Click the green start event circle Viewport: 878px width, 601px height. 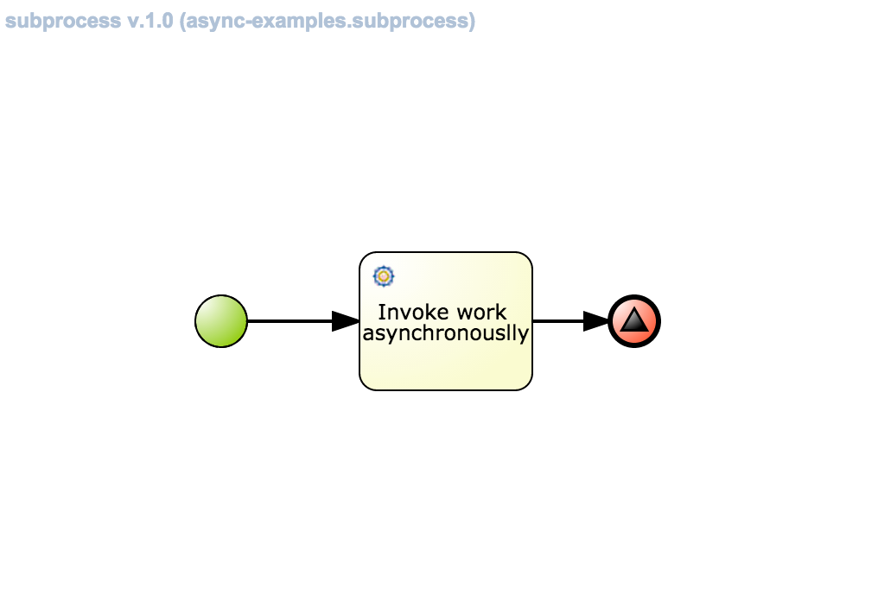221,321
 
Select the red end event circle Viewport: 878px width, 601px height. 634,321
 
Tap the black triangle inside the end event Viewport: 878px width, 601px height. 634,320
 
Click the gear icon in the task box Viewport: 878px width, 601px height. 384,276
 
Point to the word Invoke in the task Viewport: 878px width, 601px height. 404,312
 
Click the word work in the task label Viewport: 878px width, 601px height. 485,312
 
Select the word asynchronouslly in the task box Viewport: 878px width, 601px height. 445,333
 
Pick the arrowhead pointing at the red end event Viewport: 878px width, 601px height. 595,321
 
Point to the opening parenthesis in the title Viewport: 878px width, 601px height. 183,21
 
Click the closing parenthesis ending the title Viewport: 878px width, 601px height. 472,21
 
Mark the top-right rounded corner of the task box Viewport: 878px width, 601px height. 527,257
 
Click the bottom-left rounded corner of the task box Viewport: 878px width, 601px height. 365,385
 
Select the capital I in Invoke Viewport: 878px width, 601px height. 381,312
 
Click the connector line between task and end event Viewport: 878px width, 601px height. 557,321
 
